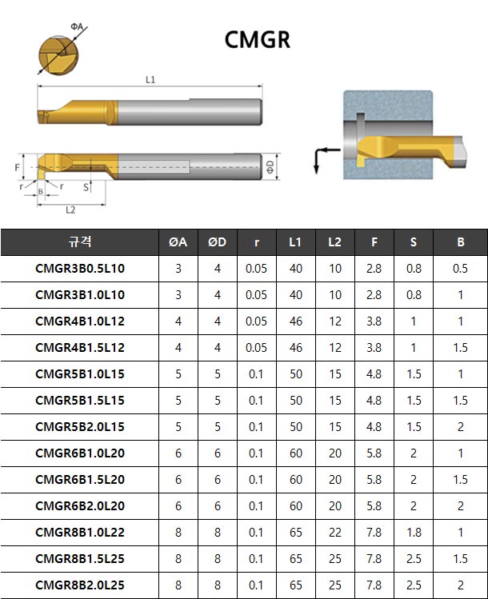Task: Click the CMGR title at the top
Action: (x=257, y=40)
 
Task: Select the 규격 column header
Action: (x=79, y=242)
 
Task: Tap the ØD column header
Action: (x=217, y=242)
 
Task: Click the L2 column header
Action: (x=334, y=242)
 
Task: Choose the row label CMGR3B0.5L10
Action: (x=80, y=269)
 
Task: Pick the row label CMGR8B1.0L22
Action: (x=80, y=532)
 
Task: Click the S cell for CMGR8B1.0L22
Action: (x=414, y=532)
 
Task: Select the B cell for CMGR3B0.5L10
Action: (x=460, y=269)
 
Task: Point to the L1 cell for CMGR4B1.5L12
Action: (x=296, y=348)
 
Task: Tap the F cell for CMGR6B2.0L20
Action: (x=374, y=505)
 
